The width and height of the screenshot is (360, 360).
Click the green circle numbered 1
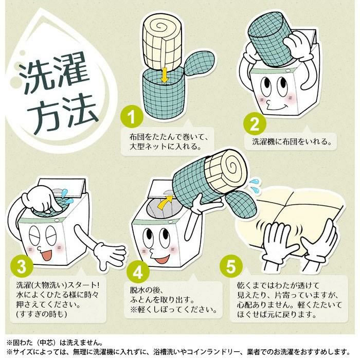(132, 117)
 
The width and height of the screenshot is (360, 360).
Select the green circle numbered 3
(22, 266)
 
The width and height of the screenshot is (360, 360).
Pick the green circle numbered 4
(138, 272)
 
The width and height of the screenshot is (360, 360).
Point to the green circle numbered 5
(231, 267)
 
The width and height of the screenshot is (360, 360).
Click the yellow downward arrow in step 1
(165, 74)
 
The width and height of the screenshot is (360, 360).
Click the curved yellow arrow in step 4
(166, 202)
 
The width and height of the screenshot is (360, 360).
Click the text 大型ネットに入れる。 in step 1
(166, 146)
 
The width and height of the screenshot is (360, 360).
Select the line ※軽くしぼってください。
(174, 310)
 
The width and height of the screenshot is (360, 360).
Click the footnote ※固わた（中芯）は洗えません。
(55, 343)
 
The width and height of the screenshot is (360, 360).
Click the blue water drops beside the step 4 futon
(255, 184)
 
